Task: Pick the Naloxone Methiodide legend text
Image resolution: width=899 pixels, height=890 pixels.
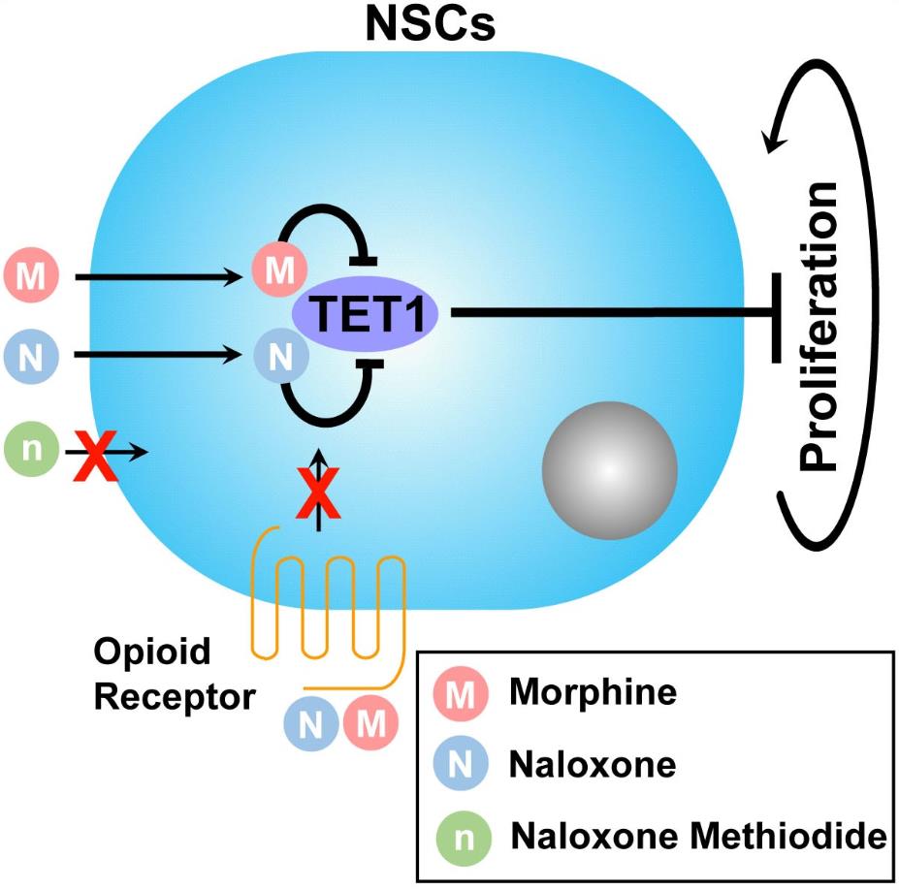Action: click(698, 834)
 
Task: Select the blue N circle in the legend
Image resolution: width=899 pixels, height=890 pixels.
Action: click(463, 765)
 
